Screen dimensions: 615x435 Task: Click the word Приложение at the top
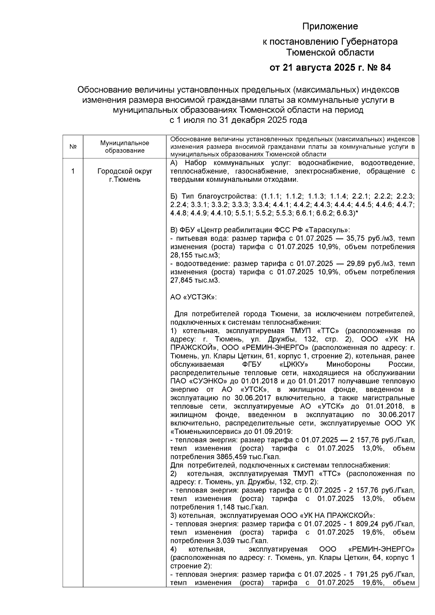coord(330,26)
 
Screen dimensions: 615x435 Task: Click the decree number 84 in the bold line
coord(384,68)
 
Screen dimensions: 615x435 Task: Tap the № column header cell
coord(72,147)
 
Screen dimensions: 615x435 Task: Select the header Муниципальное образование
coord(125,147)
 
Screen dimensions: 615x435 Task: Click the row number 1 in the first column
coord(72,171)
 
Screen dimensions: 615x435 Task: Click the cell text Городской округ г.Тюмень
coord(125,175)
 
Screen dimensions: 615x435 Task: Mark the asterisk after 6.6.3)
coord(357,213)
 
